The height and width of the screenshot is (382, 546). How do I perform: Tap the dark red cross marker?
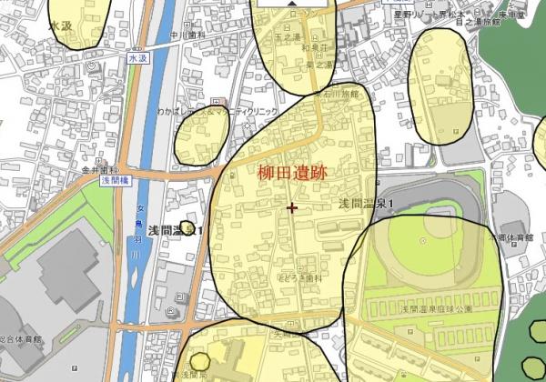291,207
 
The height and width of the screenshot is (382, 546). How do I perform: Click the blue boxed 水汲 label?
136,57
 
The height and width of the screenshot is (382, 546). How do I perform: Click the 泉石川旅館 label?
337,93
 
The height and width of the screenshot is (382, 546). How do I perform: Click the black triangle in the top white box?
291,4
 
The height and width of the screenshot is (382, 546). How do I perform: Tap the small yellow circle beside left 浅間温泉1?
187,226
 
